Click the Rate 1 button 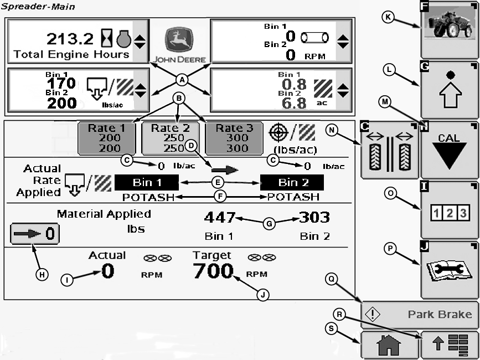pyautogui.click(x=106, y=137)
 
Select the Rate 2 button pyautogui.click(x=171, y=137)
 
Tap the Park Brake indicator pyautogui.click(x=420, y=315)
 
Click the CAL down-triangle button pyautogui.click(x=449, y=150)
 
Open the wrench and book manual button pyautogui.click(x=449, y=270)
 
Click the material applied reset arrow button pyautogui.click(x=34, y=234)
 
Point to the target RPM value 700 pyautogui.click(x=213, y=271)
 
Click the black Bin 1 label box pyautogui.click(x=147, y=183)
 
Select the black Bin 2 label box pyautogui.click(x=292, y=183)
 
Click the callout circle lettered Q pyautogui.click(x=332, y=280)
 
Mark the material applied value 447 pyautogui.click(x=220, y=217)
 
